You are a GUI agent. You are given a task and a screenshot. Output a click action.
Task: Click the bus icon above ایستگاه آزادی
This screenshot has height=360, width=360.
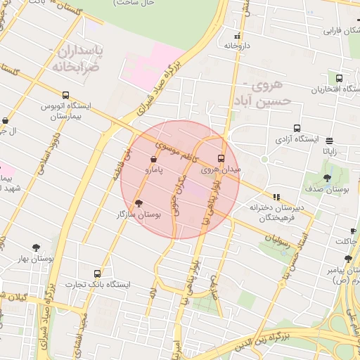297,129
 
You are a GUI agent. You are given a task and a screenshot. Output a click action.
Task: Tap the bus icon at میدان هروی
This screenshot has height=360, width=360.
221,158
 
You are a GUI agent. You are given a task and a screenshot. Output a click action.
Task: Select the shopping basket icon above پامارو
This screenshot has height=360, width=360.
153,159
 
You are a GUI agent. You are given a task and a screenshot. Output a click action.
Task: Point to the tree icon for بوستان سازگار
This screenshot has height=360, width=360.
138,203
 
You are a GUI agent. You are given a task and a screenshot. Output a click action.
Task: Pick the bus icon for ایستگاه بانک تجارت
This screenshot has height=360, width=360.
97,273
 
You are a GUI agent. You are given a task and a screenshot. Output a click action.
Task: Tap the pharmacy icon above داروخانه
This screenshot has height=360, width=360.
238,36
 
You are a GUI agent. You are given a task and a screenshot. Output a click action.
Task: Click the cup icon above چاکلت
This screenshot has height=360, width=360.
353,231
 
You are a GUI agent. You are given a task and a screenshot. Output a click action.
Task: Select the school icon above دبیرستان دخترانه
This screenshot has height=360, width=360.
276,198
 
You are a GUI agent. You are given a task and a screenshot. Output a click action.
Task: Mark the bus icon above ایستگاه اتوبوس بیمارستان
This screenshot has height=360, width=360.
65,95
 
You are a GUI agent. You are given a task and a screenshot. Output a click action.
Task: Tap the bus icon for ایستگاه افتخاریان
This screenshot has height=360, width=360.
340,79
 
